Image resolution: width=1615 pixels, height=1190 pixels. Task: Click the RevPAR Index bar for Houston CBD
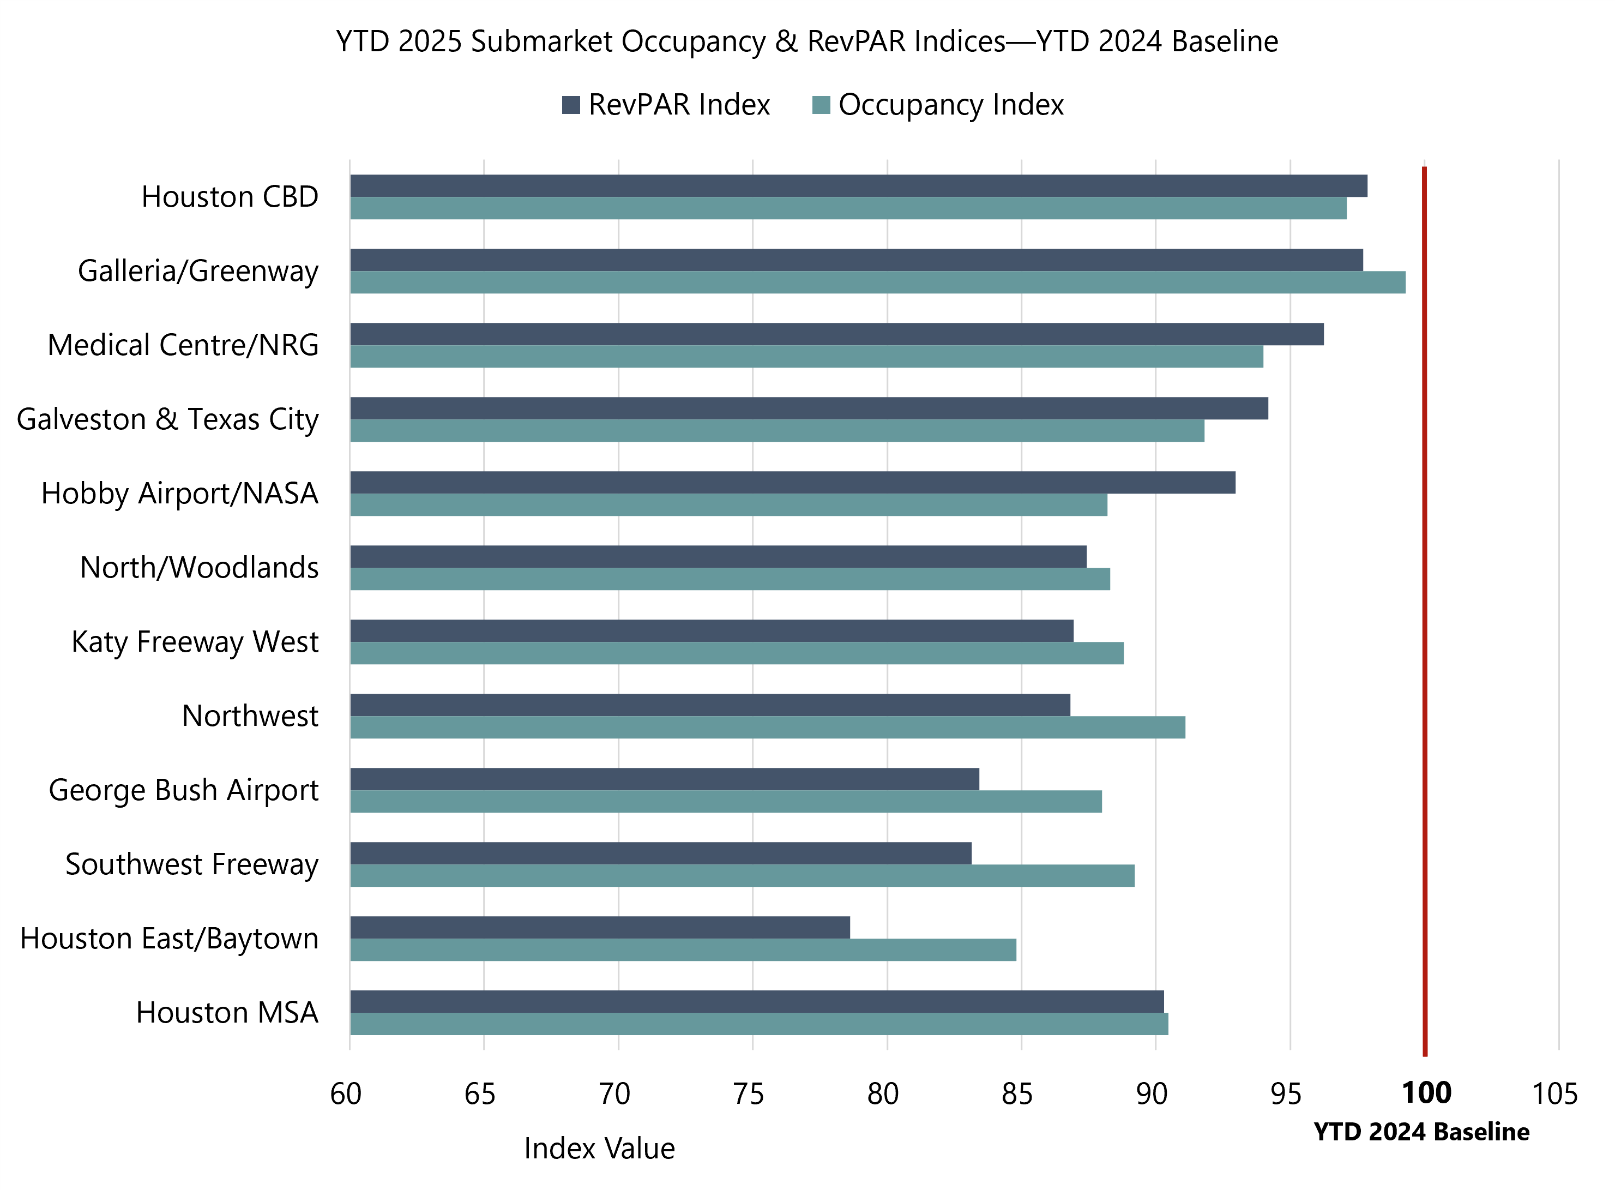858,186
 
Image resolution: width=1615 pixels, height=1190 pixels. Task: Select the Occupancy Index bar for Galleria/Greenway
877,283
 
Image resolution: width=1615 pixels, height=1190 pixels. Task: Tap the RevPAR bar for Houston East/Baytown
600,928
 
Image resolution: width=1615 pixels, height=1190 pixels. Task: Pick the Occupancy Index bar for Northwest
768,728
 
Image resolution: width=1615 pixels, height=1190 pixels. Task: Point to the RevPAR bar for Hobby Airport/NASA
792,483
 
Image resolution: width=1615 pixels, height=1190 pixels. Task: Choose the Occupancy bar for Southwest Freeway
742,876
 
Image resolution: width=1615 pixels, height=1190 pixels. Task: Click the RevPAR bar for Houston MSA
756,1002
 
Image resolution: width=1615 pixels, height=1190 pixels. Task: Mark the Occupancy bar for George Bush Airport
726,802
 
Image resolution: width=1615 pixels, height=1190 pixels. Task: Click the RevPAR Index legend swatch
571,105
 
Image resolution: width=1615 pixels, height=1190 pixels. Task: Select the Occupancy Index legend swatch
821,105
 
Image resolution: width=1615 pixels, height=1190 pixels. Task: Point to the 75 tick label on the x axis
749,1094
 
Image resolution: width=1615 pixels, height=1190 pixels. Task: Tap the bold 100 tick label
1426,1093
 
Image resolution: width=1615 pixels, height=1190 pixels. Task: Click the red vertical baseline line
1424,612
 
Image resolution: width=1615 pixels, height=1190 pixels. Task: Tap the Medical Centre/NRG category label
183,345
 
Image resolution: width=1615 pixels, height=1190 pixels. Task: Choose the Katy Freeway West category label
195,642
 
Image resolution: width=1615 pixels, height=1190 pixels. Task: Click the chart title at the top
806,42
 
